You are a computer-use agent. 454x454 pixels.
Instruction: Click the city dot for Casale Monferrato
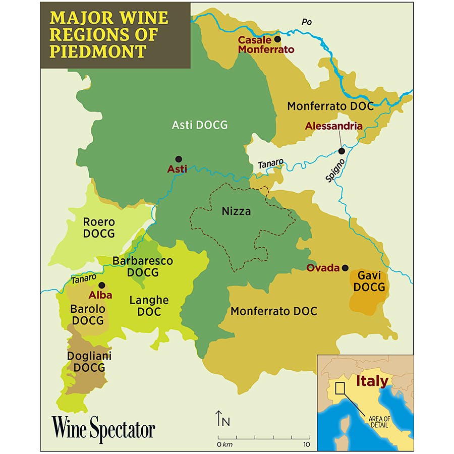277,39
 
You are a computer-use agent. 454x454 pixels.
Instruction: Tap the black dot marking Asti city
178,159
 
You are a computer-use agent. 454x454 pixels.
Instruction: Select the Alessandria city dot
342,151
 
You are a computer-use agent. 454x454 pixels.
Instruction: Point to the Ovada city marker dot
345,268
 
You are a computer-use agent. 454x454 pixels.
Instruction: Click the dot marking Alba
101,285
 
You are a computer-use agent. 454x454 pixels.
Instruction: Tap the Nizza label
236,211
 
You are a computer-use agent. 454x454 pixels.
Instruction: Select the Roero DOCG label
99,228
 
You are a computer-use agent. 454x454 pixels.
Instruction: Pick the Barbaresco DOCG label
143,267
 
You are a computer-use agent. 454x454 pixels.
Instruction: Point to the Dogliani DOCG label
89,362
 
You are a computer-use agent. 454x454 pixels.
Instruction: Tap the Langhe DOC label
149,306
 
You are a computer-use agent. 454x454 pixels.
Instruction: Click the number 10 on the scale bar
306,444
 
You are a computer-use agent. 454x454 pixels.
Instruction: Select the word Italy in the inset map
372,381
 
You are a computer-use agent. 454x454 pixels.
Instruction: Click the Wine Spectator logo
103,430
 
